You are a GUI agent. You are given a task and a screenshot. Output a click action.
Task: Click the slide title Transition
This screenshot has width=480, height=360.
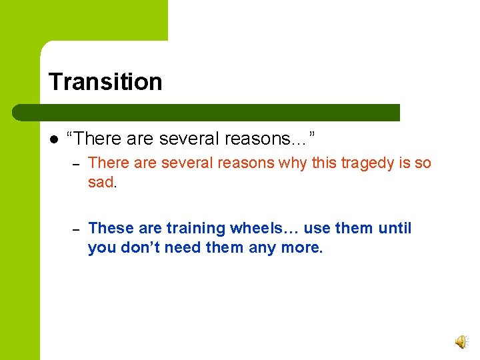click(105, 82)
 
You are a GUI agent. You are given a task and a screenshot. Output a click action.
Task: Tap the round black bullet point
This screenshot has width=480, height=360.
click(53, 139)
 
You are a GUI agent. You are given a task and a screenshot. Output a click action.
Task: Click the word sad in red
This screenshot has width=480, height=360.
click(101, 183)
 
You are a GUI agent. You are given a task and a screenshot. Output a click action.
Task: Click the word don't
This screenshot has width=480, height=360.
click(141, 248)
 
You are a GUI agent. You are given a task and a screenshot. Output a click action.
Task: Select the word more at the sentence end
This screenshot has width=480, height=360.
click(303, 248)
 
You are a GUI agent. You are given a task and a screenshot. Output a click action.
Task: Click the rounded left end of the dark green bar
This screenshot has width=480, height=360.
click(47, 113)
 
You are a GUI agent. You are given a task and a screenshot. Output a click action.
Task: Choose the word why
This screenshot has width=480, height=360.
click(297, 163)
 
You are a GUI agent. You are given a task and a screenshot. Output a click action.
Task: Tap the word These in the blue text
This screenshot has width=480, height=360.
click(111, 229)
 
